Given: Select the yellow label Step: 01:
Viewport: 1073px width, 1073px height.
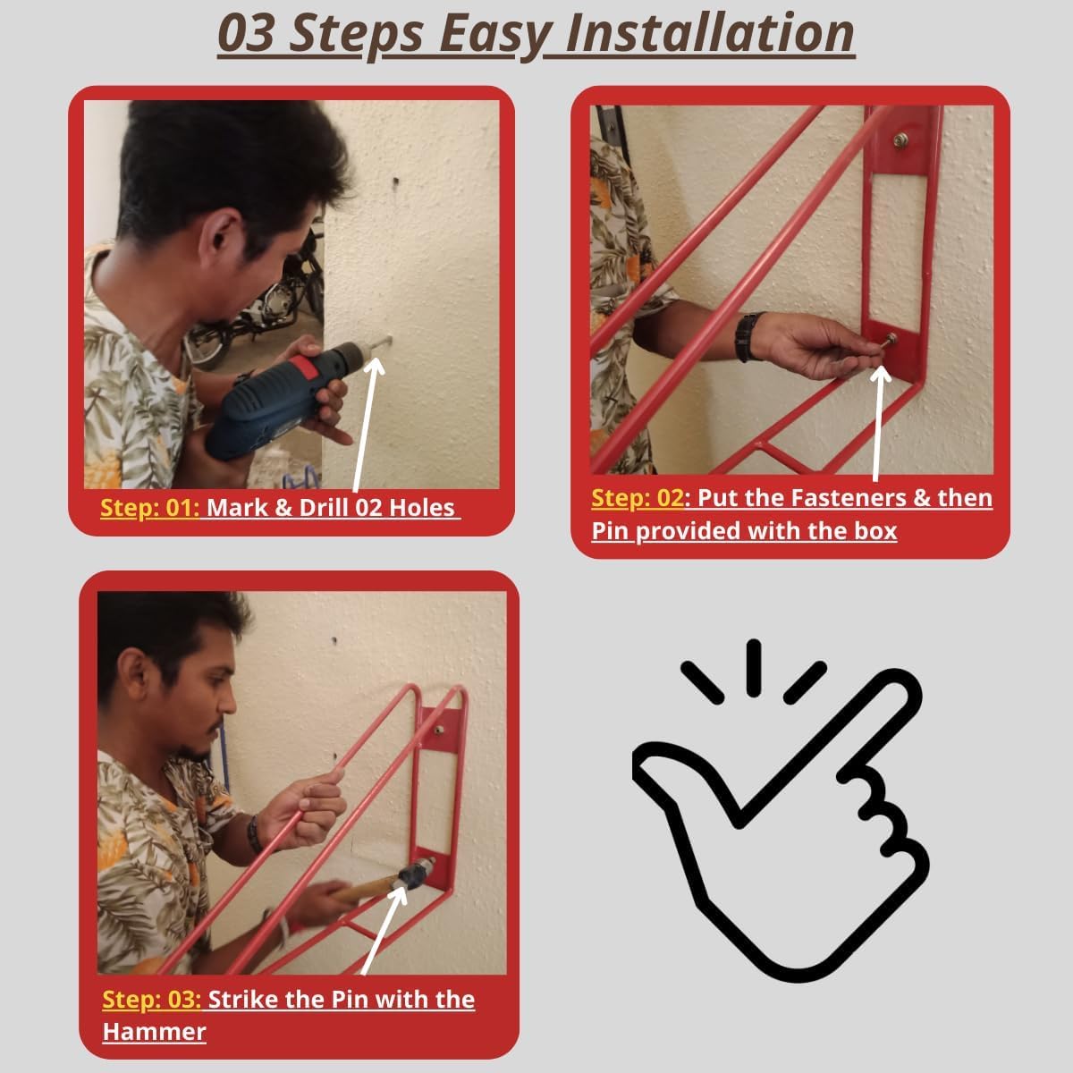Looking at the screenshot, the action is pos(150,508).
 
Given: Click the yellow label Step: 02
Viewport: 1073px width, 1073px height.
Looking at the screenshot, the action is pos(637,498).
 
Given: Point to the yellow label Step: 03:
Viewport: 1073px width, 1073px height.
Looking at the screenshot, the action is pos(152,1000).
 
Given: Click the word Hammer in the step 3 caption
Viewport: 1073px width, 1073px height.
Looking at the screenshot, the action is pos(154,1032).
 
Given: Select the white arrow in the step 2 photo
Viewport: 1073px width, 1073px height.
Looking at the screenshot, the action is pos(879,423).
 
